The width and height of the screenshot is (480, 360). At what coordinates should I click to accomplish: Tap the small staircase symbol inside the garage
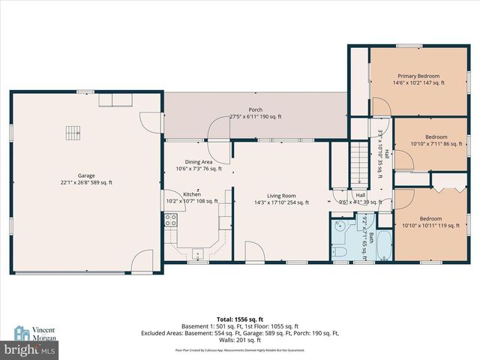pyautogui.click(x=72, y=133)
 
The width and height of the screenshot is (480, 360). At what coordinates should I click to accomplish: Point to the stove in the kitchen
pyautogui.click(x=171, y=220)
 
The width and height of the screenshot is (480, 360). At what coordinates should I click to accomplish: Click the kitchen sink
pyautogui.click(x=198, y=253)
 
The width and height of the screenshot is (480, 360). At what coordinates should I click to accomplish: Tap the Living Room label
pyautogui.click(x=282, y=197)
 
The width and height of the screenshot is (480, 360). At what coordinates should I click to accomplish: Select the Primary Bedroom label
pyautogui.click(x=418, y=79)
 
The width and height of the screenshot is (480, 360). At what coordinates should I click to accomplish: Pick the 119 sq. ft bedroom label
pyautogui.click(x=430, y=221)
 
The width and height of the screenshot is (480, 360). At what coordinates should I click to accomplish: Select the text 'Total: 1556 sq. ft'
pyautogui.click(x=240, y=319)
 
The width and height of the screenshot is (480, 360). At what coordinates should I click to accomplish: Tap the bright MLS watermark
pyautogui.click(x=30, y=350)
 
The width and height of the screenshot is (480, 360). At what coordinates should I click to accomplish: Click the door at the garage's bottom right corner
pyautogui.click(x=141, y=262)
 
